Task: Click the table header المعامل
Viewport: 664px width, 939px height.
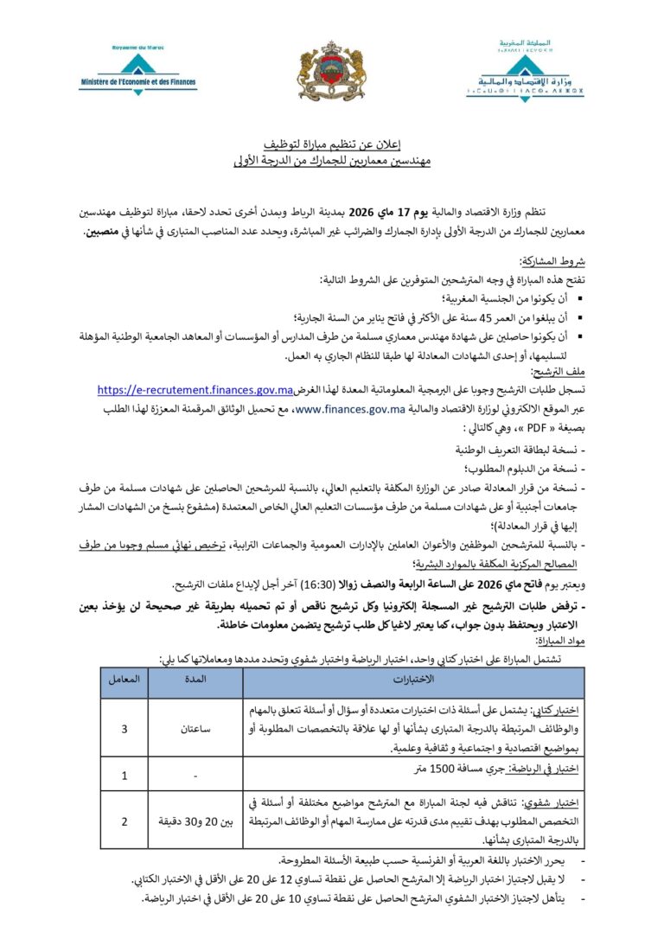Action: coord(124,679)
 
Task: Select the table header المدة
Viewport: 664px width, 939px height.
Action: coord(195,679)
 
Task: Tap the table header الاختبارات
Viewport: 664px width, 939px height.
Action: coord(407,679)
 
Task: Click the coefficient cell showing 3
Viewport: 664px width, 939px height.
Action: coord(124,729)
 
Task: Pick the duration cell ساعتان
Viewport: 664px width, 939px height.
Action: coord(195,729)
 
